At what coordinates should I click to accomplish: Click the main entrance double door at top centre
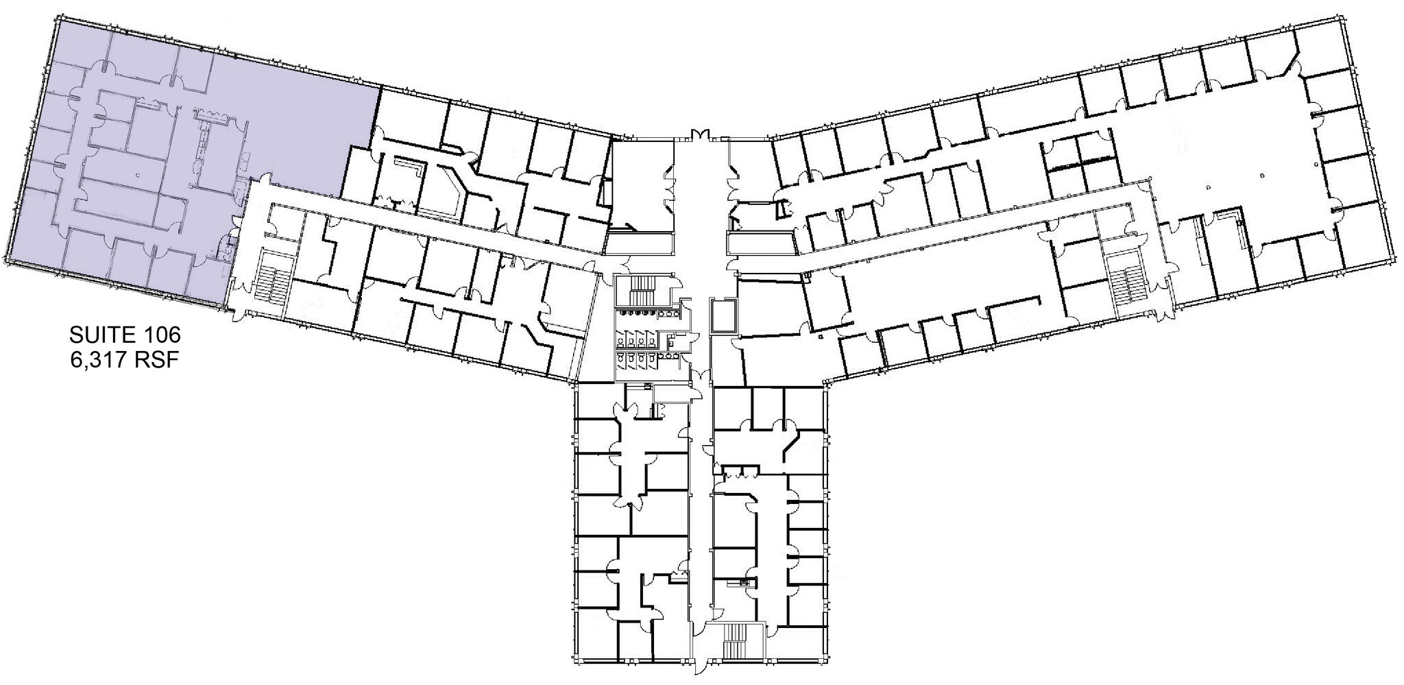tap(701, 135)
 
